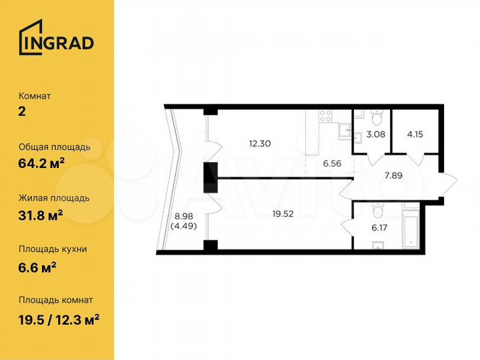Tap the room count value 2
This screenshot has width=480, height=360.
pyautogui.click(x=22, y=112)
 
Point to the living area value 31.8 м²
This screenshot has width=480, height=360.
pyautogui.click(x=41, y=215)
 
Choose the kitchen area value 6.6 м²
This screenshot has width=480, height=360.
pyautogui.click(x=37, y=266)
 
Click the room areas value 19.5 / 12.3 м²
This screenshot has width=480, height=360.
pyautogui.click(x=59, y=318)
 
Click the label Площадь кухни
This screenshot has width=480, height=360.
pyautogui.click(x=53, y=249)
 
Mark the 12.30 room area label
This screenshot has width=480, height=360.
pyautogui.click(x=260, y=143)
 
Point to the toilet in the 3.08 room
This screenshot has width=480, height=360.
pyautogui.click(x=376, y=119)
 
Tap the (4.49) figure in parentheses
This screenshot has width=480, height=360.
pyautogui.click(x=184, y=225)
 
